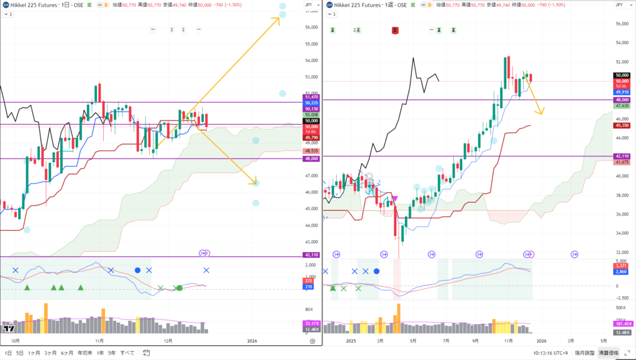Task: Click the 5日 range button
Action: pyautogui.click(x=20, y=353)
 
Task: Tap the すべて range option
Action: pyautogui.click(x=127, y=353)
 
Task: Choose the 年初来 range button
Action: pyautogui.click(x=84, y=353)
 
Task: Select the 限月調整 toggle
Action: pyautogui.click(x=584, y=353)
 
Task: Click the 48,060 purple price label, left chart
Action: pyautogui.click(x=311, y=158)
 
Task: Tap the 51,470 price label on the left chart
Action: pyautogui.click(x=311, y=97)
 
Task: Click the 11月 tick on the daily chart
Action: pyautogui.click(x=99, y=341)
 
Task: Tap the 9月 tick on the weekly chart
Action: pyautogui.click(x=475, y=341)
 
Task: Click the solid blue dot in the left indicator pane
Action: pyautogui.click(x=137, y=271)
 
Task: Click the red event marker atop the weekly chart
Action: pyautogui.click(x=394, y=30)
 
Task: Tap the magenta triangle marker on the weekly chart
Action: pyautogui.click(x=396, y=198)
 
